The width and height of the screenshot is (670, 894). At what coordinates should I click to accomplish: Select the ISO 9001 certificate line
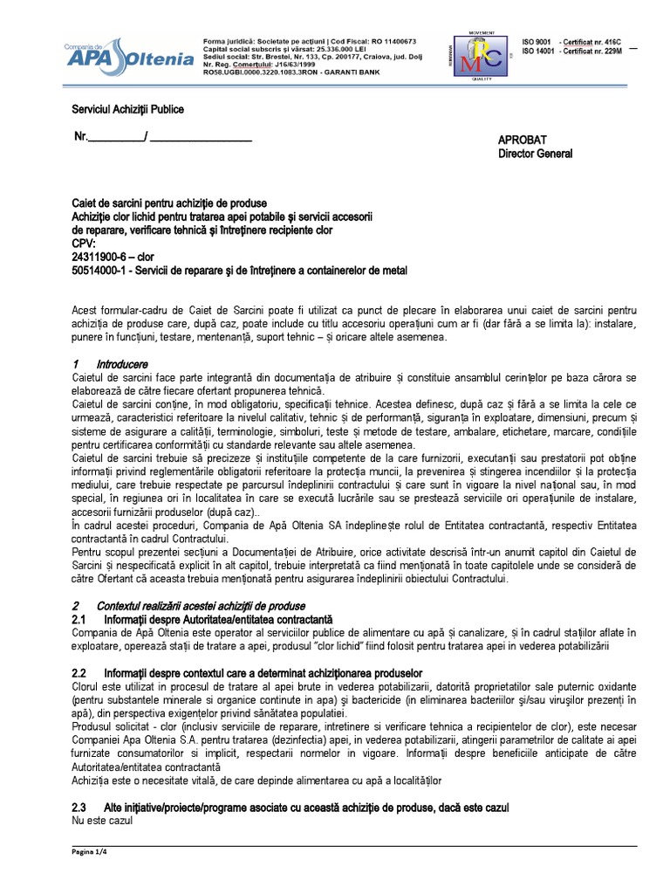tap(572, 41)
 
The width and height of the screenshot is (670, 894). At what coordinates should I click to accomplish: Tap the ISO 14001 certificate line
tap(573, 52)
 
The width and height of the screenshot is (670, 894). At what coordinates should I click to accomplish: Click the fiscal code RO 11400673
tap(389, 41)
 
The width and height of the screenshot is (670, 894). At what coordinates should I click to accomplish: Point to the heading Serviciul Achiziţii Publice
tap(126, 109)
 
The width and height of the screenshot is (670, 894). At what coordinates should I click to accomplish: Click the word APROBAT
tap(522, 140)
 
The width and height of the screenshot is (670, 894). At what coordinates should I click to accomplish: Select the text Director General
tap(535, 154)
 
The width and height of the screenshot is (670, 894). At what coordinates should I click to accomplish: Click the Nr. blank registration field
tap(163, 138)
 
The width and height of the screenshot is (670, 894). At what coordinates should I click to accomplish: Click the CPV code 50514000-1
tap(99, 271)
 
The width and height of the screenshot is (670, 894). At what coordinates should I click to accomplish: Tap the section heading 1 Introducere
tap(110, 363)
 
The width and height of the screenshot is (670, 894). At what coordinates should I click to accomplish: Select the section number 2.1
tap(79, 619)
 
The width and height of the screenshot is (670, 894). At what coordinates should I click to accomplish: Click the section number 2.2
tap(79, 673)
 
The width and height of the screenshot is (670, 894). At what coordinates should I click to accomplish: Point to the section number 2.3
tap(79, 808)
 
